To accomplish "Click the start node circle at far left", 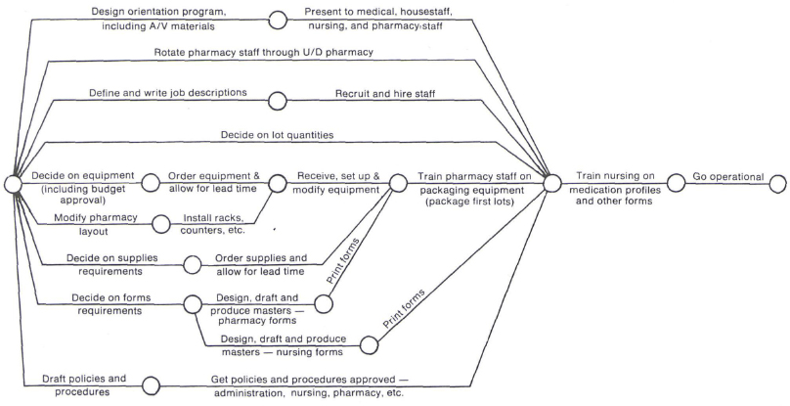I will click(x=12, y=183).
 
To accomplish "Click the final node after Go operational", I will click(x=778, y=183).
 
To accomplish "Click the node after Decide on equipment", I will click(x=152, y=183).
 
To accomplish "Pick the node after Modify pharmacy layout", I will click(x=160, y=224).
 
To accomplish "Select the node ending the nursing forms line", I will click(x=370, y=344).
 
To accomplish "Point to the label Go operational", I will click(x=727, y=176).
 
